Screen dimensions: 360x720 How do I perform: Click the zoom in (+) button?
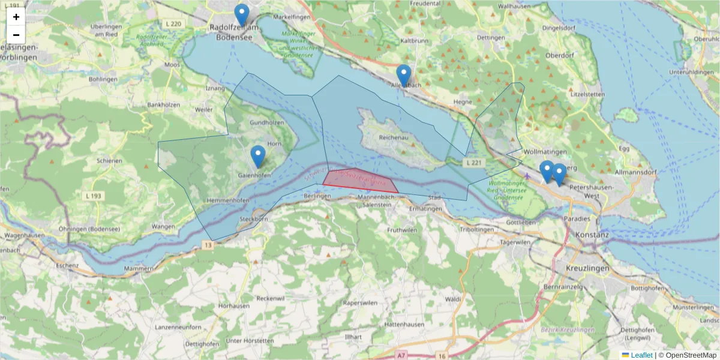(16, 17)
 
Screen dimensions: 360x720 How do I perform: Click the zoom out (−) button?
(16, 35)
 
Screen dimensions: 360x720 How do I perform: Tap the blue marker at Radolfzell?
(241, 15)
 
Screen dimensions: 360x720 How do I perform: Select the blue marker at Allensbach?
(404, 75)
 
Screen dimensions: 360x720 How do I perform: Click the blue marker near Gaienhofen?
(258, 156)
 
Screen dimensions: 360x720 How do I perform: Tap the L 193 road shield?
(93, 196)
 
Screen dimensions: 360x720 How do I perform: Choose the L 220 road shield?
(173, 23)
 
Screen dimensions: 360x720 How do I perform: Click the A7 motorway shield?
(401, 356)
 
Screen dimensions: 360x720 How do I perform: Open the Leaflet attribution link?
(641, 355)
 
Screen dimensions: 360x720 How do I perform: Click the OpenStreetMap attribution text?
(687, 355)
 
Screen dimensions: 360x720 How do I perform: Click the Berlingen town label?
(317, 196)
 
